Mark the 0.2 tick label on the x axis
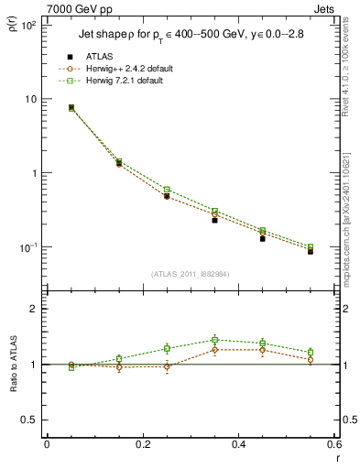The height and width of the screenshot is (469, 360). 142,445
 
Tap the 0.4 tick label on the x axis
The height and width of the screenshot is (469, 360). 238,445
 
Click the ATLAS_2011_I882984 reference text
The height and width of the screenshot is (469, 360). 190,274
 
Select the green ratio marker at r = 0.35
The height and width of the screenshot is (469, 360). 214,340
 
